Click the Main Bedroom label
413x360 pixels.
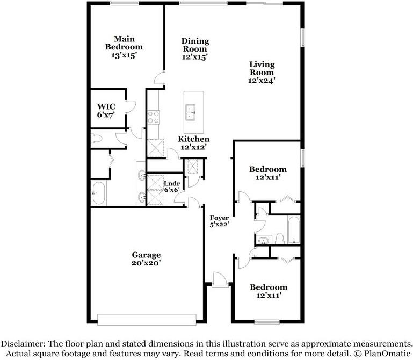point(124,43)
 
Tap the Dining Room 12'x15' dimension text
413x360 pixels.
point(195,57)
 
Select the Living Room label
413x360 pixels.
point(262,68)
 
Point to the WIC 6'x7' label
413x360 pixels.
point(106,111)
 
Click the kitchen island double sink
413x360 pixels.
point(191,112)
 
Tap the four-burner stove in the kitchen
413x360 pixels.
point(153,117)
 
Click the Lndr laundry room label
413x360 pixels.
point(172,183)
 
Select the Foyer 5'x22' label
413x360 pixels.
point(219,221)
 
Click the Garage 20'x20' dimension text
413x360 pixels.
point(146,263)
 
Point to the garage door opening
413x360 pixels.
point(147,319)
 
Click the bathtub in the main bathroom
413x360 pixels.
point(99,193)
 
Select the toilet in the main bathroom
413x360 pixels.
point(96,139)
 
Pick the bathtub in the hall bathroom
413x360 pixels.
point(294,230)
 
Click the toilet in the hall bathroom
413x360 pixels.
point(279,239)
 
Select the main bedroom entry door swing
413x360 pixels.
point(158,79)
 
